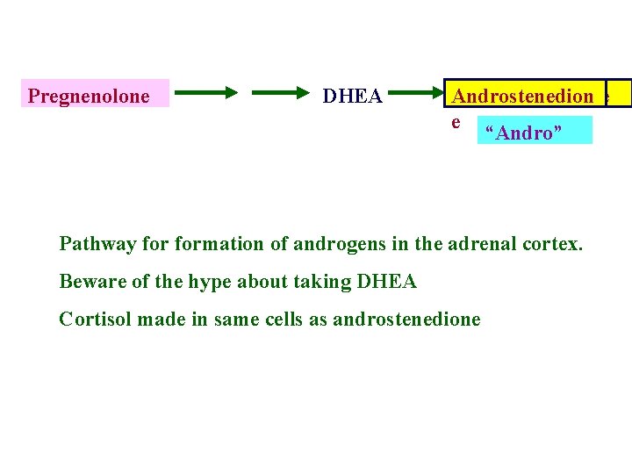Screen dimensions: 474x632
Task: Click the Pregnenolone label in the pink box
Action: point(89,96)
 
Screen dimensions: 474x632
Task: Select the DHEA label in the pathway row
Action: point(352,96)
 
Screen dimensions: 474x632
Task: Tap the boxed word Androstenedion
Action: point(523,96)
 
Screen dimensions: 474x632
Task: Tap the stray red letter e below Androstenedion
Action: point(456,121)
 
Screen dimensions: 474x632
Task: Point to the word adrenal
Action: point(485,243)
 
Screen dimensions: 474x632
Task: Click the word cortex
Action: point(554,243)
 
